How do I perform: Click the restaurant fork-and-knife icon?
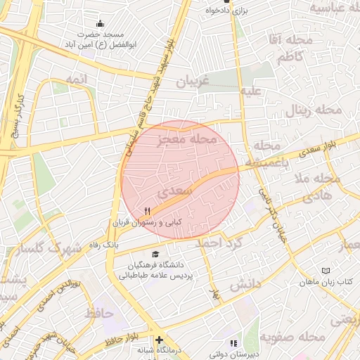click(147, 210)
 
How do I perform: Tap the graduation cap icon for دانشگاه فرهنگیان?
click(155, 255)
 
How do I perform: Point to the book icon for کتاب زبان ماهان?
click(325, 271)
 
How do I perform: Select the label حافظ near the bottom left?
click(99, 312)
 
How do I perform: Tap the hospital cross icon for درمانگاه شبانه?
click(159, 340)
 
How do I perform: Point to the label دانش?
click(246, 284)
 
